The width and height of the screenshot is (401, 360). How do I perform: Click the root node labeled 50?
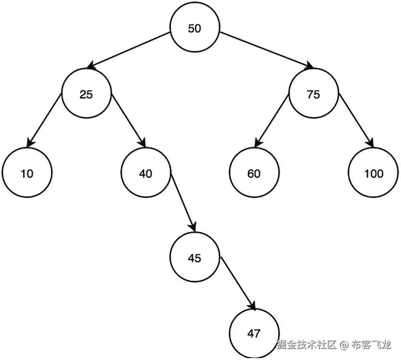tap(194, 29)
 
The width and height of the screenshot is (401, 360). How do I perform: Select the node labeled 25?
tap(86, 95)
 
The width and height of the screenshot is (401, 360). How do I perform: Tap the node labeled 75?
tap(313, 95)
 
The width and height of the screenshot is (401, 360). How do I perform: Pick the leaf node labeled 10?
tap(27, 174)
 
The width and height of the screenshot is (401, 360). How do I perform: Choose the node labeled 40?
tap(146, 174)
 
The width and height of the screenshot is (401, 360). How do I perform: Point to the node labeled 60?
tap(254, 174)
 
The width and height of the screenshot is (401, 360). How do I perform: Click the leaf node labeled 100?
tap(374, 174)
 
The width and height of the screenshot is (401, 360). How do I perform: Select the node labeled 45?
tap(194, 258)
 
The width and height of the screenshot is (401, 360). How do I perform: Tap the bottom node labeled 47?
tap(254, 333)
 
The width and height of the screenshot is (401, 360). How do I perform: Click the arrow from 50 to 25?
tap(128, 51)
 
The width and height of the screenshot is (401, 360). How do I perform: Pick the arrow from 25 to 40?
tap(128, 120)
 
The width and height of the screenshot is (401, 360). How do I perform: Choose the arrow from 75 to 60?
tap(272, 120)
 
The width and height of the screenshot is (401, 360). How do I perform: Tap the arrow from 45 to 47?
tap(237, 283)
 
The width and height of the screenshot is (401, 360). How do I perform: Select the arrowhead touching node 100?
tap(370, 143)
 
